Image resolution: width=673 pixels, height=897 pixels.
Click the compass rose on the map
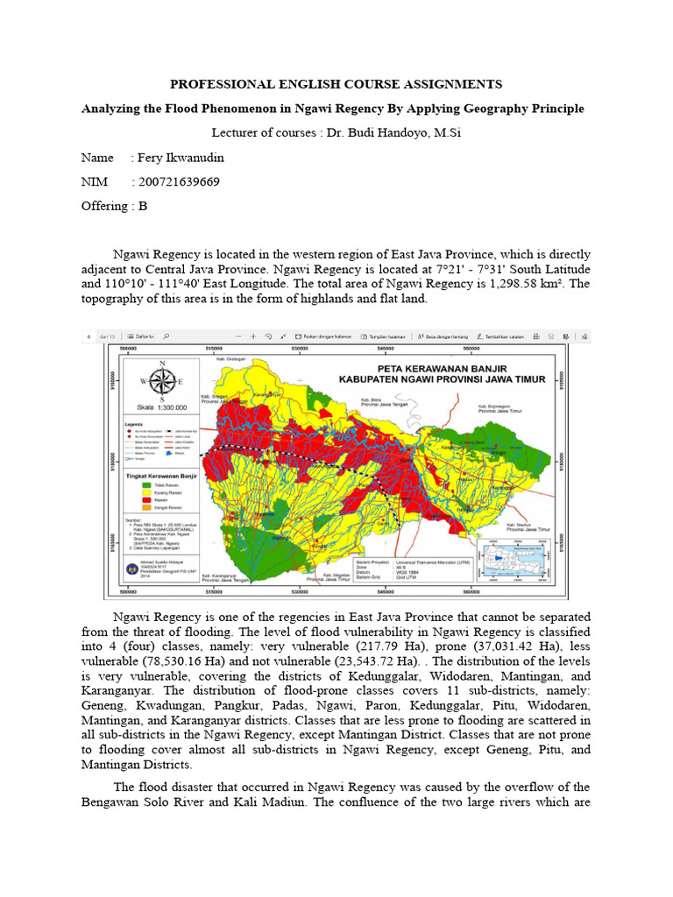click(160, 381)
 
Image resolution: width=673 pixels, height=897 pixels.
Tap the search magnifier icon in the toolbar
click(166, 336)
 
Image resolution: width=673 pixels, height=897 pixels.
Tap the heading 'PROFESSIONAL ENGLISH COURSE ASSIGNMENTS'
click(336, 84)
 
